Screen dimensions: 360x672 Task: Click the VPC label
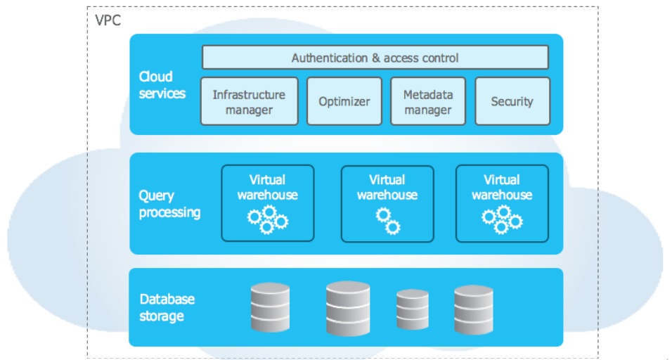pyautogui.click(x=108, y=20)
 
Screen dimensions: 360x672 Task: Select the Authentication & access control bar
pyautogui.click(x=375, y=58)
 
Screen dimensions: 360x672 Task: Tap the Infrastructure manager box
pyautogui.click(x=249, y=101)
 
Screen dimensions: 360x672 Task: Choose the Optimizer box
pyautogui.click(x=344, y=101)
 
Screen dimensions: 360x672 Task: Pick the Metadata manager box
pyautogui.click(x=427, y=101)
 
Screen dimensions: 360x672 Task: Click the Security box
pyautogui.click(x=512, y=101)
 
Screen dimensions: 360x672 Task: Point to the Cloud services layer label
pyautogui.click(x=162, y=85)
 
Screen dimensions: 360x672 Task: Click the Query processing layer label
pyautogui.click(x=169, y=204)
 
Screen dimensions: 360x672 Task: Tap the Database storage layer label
pyautogui.click(x=167, y=307)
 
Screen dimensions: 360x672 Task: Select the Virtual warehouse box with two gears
pyautogui.click(x=387, y=203)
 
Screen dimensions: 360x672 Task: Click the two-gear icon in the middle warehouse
pyautogui.click(x=387, y=221)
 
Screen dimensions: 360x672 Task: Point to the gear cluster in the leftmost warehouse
pyautogui.click(x=267, y=219)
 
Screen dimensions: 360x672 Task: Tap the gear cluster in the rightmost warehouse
pyautogui.click(x=502, y=219)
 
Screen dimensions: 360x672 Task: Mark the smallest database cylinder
pyautogui.click(x=412, y=310)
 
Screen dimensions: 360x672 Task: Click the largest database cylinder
pyautogui.click(x=348, y=308)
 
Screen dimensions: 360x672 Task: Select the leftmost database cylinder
pyautogui.click(x=270, y=307)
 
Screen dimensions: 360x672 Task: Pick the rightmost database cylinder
pyautogui.click(x=473, y=309)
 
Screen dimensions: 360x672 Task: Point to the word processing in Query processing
pyautogui.click(x=169, y=212)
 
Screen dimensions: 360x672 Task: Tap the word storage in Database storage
pyautogui.click(x=161, y=316)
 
